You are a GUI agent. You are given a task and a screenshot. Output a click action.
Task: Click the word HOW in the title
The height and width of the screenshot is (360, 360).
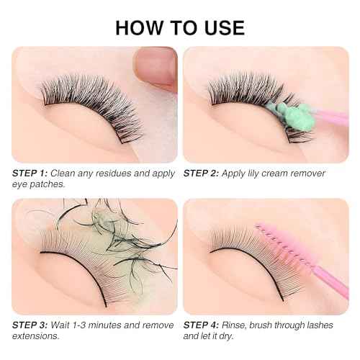138,27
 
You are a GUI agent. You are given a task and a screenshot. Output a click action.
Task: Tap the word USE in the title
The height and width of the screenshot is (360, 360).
221,27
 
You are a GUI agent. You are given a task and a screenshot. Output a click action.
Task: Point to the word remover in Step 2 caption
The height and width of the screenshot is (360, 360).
309,173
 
